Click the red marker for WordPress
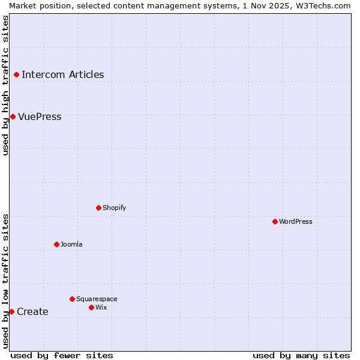(x=275, y=221)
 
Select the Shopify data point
(x=98, y=208)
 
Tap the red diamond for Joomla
(x=56, y=244)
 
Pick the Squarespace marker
(x=72, y=299)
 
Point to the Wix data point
(x=91, y=307)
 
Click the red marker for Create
(x=11, y=311)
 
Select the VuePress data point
(x=13, y=116)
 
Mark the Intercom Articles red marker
(x=16, y=74)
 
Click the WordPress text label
(x=296, y=221)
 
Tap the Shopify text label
(x=115, y=208)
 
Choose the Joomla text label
(x=71, y=244)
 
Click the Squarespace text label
(x=97, y=299)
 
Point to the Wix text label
(x=101, y=307)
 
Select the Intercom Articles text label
(x=63, y=75)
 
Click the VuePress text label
(x=40, y=117)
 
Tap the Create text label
(x=32, y=312)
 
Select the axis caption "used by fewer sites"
(x=62, y=355)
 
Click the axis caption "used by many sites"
(x=301, y=355)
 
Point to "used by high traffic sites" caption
(x=5, y=85)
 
